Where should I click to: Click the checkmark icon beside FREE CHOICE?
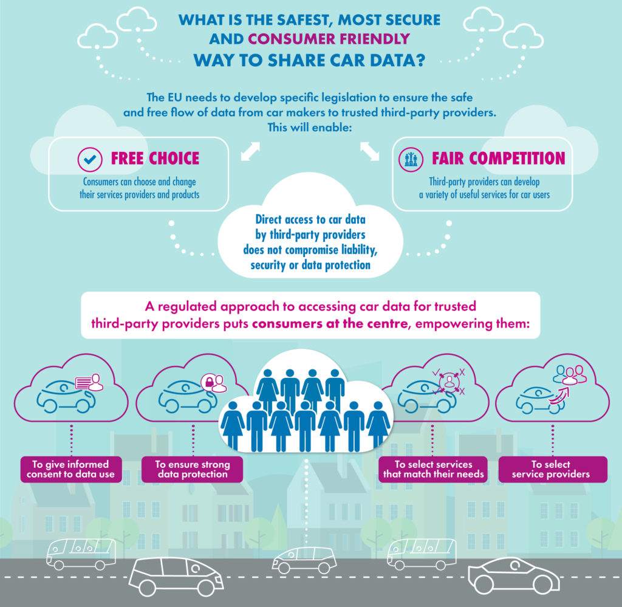pos(90,159)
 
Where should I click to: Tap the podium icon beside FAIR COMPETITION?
pos(412,159)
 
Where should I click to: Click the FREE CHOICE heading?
pos(155,159)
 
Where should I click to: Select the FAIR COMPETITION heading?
pos(498,159)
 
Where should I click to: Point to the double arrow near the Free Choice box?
pos(250,151)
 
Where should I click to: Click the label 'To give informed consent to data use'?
pos(70,469)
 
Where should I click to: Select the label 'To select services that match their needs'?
pos(434,469)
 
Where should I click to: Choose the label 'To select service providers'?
pos(550,469)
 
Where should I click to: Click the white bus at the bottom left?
pos(80,554)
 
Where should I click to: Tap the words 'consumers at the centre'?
pos(329,324)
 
